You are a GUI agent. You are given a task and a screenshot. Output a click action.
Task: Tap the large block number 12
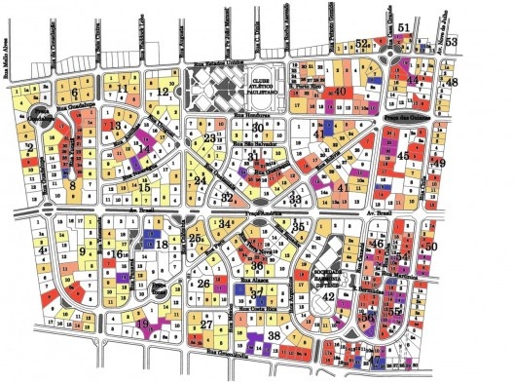(x=164, y=93)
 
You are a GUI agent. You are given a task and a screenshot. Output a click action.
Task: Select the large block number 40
(x=340, y=92)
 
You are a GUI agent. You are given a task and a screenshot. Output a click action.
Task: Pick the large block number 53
(x=478, y=42)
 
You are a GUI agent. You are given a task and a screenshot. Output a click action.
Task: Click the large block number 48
(x=451, y=82)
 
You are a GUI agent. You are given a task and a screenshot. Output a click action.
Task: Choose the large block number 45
(x=403, y=155)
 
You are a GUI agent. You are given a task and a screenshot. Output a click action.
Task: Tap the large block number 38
(x=275, y=335)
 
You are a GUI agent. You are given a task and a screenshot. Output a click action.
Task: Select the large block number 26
(x=204, y=284)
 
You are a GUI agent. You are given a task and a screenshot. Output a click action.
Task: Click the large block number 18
(x=162, y=244)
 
